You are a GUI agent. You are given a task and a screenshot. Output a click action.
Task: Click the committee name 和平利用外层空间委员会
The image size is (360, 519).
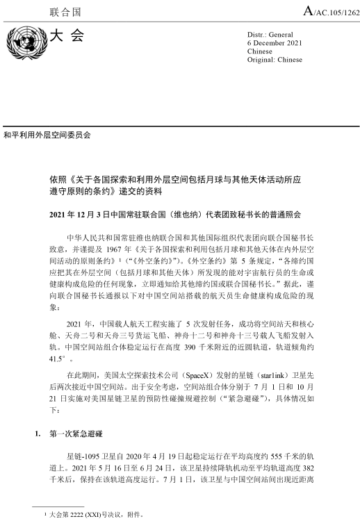[48, 132]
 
